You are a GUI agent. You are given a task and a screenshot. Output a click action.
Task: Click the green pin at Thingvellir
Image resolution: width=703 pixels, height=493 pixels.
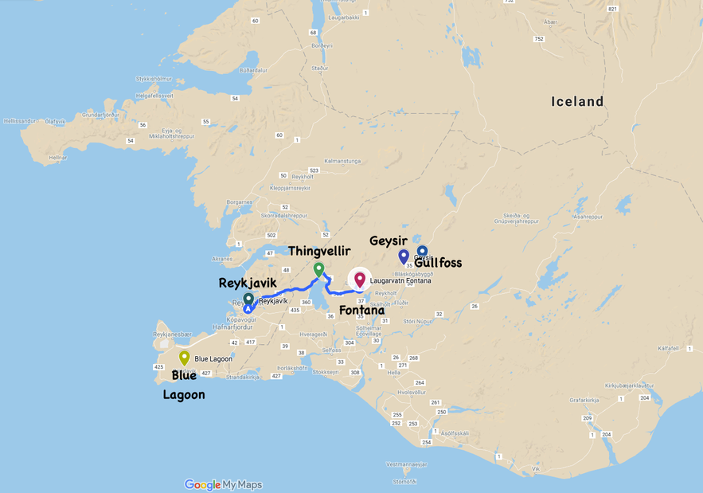click(318, 269)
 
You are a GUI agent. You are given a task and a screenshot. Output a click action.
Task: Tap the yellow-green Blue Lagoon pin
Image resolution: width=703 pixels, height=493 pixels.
click(184, 358)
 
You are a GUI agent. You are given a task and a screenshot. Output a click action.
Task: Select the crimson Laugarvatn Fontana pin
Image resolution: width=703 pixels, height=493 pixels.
click(360, 280)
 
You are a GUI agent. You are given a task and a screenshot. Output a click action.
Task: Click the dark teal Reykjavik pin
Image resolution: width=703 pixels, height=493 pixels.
click(248, 299)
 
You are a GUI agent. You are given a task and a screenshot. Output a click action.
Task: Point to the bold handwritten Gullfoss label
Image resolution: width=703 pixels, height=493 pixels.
click(438, 263)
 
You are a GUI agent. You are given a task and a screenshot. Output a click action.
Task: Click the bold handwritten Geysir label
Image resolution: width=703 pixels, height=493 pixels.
click(389, 241)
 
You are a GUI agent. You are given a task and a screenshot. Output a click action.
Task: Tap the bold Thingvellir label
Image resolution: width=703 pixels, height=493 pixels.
click(319, 251)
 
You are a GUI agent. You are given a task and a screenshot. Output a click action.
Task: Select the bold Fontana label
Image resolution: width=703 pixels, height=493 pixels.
click(362, 310)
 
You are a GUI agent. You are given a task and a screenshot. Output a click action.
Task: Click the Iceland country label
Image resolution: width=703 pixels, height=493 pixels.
click(577, 102)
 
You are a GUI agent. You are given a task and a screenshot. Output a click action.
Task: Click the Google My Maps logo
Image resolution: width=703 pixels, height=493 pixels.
click(223, 484)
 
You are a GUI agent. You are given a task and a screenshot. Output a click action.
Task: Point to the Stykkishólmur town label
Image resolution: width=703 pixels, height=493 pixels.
click(154, 79)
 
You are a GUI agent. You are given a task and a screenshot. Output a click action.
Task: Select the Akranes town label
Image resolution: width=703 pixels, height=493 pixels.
click(225, 259)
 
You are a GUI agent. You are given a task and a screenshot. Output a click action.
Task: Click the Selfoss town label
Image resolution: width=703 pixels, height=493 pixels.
click(332, 350)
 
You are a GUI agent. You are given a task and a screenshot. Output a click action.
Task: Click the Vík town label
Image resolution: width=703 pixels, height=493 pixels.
click(537, 469)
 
